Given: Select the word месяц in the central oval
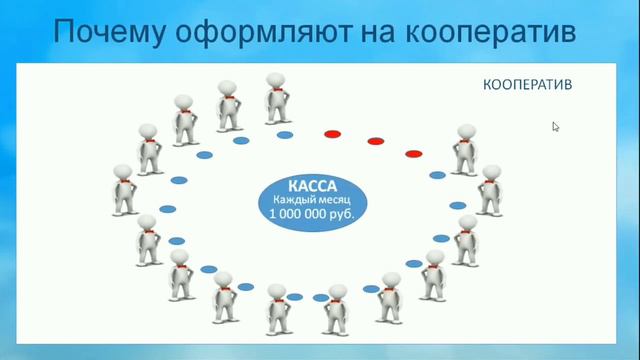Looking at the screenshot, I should pyautogui.click(x=338, y=200).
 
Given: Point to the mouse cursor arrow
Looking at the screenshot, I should pyautogui.click(x=555, y=126).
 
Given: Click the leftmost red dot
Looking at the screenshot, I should pyautogui.click(x=332, y=133).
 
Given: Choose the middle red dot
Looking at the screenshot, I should pyautogui.click(x=375, y=141).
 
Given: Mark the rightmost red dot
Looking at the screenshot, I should pyautogui.click(x=413, y=153).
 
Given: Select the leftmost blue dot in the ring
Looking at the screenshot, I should pyautogui.click(x=168, y=209).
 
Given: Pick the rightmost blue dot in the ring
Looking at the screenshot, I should pyautogui.click(x=458, y=205).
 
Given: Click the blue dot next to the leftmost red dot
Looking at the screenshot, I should pyautogui.click(x=285, y=134).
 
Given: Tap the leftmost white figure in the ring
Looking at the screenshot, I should pyautogui.click(x=123, y=190).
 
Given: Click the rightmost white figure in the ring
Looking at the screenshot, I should pyautogui.click(x=490, y=190).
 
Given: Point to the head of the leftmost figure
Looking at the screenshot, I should pyautogui.click(x=122, y=171).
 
